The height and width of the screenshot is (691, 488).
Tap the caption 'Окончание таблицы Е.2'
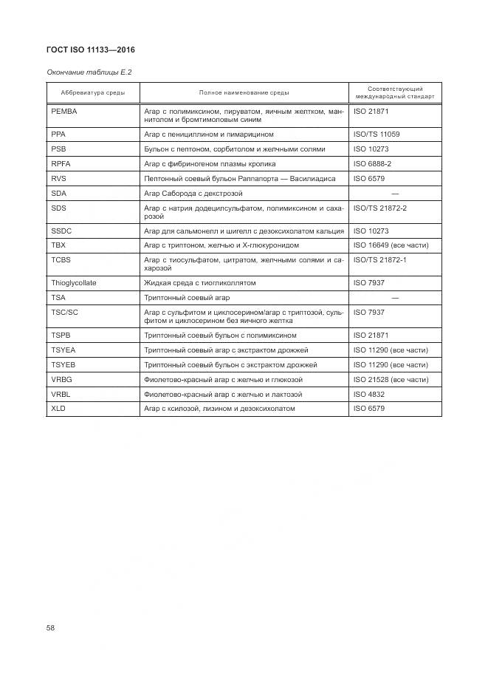(86, 72)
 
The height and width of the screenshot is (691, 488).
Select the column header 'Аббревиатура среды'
(92, 92)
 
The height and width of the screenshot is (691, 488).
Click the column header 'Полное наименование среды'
(244, 92)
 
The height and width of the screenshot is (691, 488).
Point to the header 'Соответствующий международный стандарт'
(394, 92)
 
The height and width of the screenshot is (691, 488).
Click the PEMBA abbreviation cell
(64, 111)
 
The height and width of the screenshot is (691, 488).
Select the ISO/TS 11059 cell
(376, 135)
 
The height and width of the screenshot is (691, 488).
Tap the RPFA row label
(61, 163)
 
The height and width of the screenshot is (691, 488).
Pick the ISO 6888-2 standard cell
(372, 163)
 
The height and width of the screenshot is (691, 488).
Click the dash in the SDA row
(394, 194)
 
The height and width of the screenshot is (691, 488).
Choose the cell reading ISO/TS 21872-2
(379, 208)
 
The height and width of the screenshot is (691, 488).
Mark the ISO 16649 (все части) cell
(391, 245)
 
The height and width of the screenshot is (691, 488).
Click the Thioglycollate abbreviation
(74, 283)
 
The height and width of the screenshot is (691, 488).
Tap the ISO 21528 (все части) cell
(391, 379)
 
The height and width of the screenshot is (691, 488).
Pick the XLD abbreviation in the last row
(59, 409)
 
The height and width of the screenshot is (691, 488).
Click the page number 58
(51, 627)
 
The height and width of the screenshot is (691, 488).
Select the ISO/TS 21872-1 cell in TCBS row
(379, 260)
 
